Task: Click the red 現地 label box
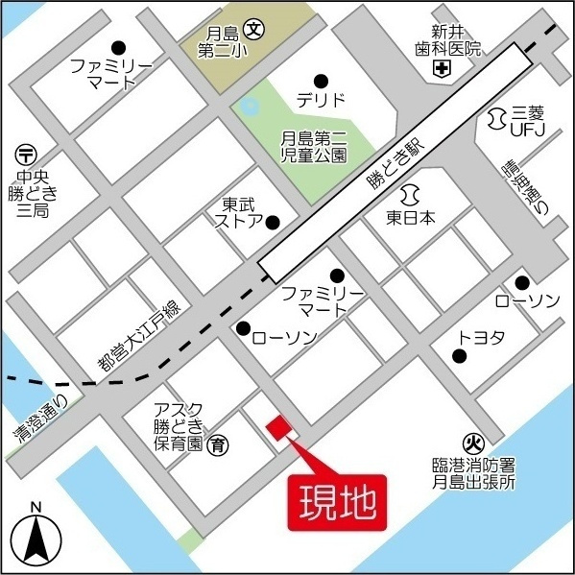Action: [x=336, y=502]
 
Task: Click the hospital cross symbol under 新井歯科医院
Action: [x=442, y=68]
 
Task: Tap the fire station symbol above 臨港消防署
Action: [x=471, y=443]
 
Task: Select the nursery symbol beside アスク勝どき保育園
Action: [x=219, y=443]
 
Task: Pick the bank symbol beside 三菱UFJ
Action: [x=496, y=117]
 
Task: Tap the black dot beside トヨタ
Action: [x=460, y=357]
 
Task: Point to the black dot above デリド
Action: [x=321, y=80]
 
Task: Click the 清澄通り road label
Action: [x=40, y=419]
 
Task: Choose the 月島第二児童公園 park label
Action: [x=314, y=145]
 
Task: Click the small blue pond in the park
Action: [x=250, y=106]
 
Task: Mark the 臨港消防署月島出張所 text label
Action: [x=473, y=473]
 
